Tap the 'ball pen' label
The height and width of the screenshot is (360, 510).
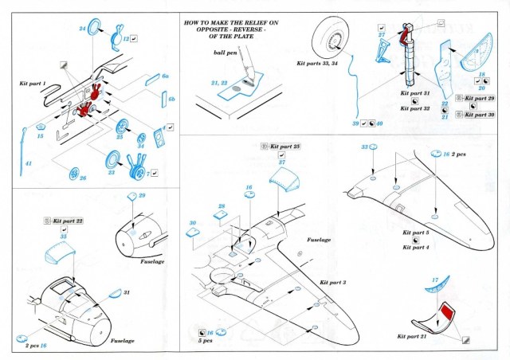pyautogui.click(x=225, y=52)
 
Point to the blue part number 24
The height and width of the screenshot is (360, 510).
pyautogui.click(x=82, y=28)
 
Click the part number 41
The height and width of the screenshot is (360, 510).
pyautogui.click(x=29, y=163)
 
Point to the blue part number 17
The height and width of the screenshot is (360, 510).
pyautogui.click(x=435, y=280)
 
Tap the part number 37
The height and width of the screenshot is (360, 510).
pyautogui.click(x=281, y=161)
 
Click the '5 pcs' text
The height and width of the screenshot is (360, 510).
pyautogui.click(x=205, y=341)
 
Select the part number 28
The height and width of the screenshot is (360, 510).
pyautogui.click(x=222, y=206)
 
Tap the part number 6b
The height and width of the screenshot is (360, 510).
pyautogui.click(x=171, y=98)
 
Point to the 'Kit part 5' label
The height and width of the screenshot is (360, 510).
pyautogui.click(x=416, y=233)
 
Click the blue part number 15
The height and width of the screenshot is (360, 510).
pyautogui.click(x=41, y=136)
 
